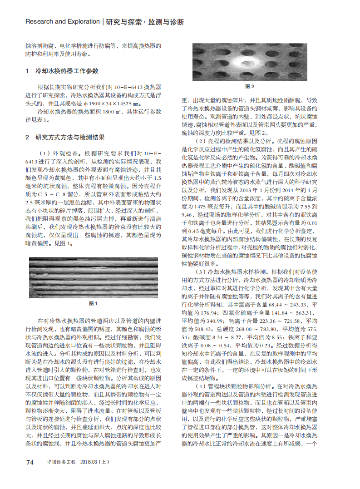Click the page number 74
(30, 462)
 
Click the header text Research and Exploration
(62, 21)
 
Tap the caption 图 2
(249, 86)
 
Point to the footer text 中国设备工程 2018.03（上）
(78, 463)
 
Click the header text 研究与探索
(124, 22)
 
